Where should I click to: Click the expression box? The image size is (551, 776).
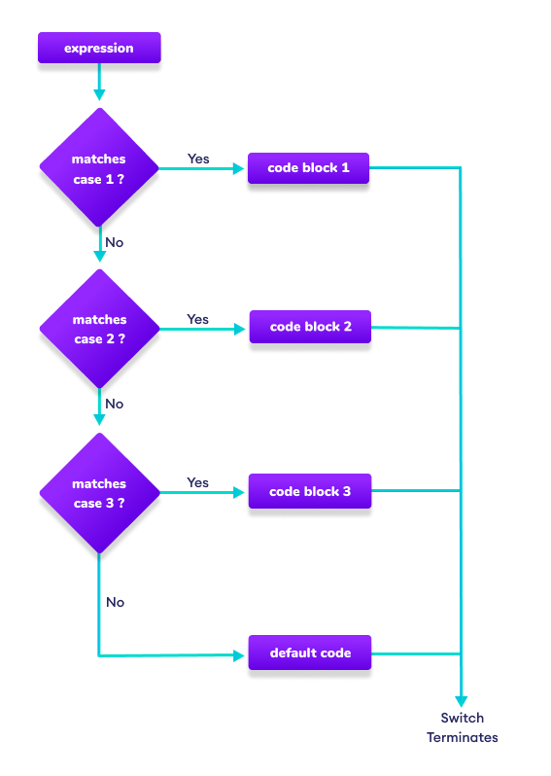(99, 49)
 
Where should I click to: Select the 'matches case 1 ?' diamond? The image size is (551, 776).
(99, 168)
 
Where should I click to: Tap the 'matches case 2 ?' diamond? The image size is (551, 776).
(99, 329)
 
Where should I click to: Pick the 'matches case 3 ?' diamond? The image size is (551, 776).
(99, 493)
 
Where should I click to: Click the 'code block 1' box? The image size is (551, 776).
(308, 168)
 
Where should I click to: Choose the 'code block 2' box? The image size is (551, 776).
(310, 327)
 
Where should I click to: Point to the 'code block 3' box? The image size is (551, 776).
(310, 491)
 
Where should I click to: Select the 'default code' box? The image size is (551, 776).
(310, 653)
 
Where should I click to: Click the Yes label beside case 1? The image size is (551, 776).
(198, 159)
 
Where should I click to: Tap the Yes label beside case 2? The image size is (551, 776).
(198, 319)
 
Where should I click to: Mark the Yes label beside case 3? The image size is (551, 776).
(198, 482)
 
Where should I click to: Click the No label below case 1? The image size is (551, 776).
(115, 242)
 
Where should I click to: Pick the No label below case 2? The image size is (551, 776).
(115, 404)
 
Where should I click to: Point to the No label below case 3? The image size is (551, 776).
(116, 602)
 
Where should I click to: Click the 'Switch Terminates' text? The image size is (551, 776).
(462, 727)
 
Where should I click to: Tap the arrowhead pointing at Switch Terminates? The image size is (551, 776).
(462, 700)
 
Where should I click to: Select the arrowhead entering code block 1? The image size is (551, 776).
(239, 168)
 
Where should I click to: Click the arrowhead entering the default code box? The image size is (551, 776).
(239, 654)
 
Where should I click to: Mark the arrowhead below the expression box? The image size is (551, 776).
(99, 94)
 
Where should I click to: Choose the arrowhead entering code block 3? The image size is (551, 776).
(239, 493)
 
